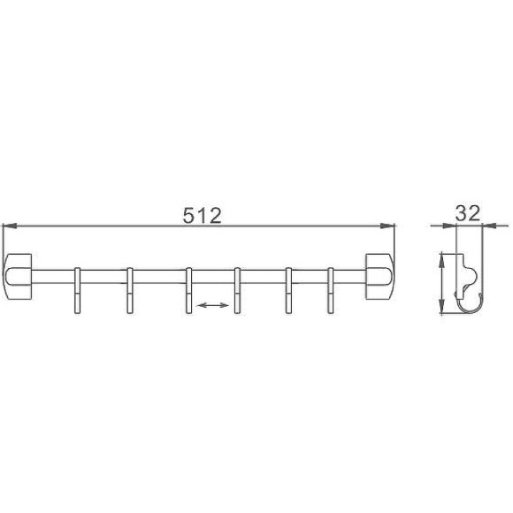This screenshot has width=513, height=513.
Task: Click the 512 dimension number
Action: point(203,216)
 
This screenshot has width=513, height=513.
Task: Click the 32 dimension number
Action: point(468,213)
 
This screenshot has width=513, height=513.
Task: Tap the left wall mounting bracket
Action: point(18,277)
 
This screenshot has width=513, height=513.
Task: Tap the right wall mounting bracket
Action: point(379,277)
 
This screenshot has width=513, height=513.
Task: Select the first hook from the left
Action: point(77,290)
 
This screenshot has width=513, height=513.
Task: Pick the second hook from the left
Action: point(130,290)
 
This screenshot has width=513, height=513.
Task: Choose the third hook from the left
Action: point(188,290)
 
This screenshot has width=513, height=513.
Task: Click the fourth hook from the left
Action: point(237,290)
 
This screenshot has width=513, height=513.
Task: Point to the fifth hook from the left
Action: point(288,290)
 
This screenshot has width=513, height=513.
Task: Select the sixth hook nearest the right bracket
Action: point(331,290)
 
